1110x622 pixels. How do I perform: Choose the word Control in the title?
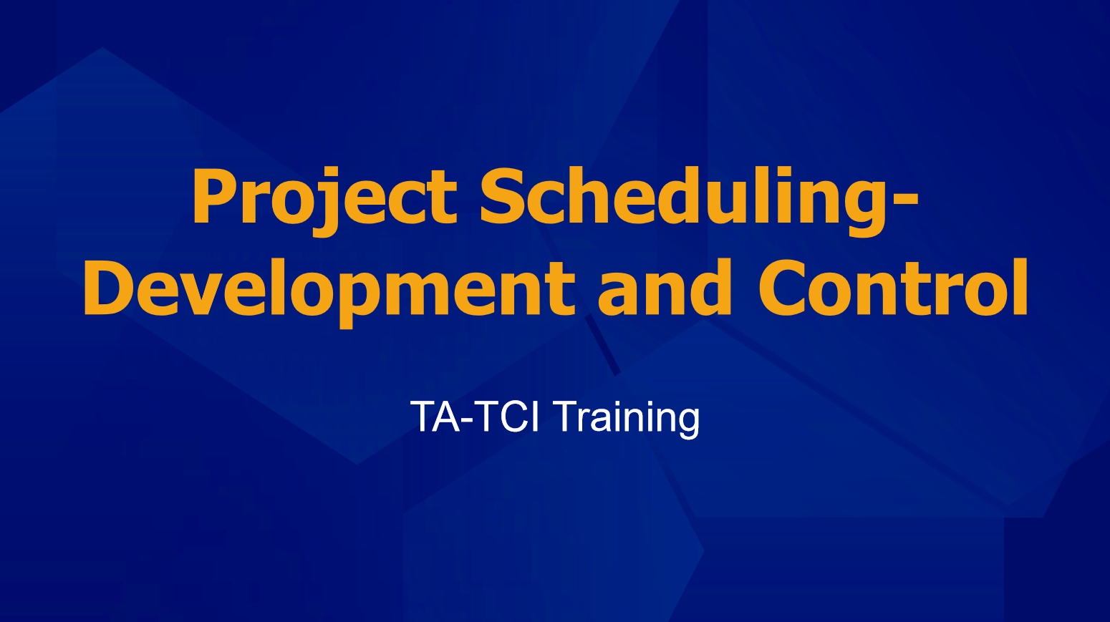click(x=894, y=287)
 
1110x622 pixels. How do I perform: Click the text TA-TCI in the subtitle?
click(x=475, y=417)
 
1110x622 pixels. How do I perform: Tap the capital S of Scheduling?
click(x=501, y=195)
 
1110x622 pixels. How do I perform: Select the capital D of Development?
click(x=110, y=287)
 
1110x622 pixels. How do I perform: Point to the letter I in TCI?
click(x=535, y=417)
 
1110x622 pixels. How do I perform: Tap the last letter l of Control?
click(x=1020, y=286)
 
